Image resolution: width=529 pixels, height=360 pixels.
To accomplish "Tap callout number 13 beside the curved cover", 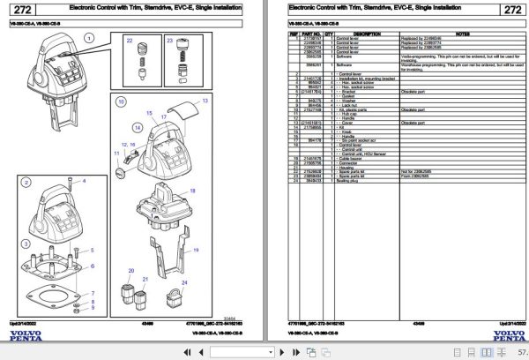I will point(205,102).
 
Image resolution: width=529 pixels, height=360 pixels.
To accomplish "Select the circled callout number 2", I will point(26,183).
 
